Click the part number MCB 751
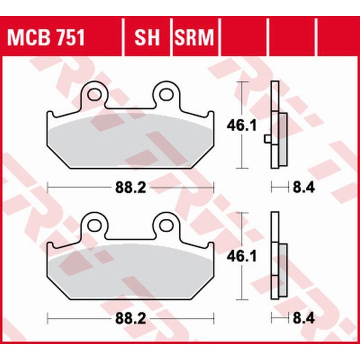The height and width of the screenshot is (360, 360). click(45, 38)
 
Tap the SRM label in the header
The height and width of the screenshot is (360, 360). click(193, 38)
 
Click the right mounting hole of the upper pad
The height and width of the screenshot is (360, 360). click(165, 93)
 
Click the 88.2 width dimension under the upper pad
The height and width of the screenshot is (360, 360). click(130, 188)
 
